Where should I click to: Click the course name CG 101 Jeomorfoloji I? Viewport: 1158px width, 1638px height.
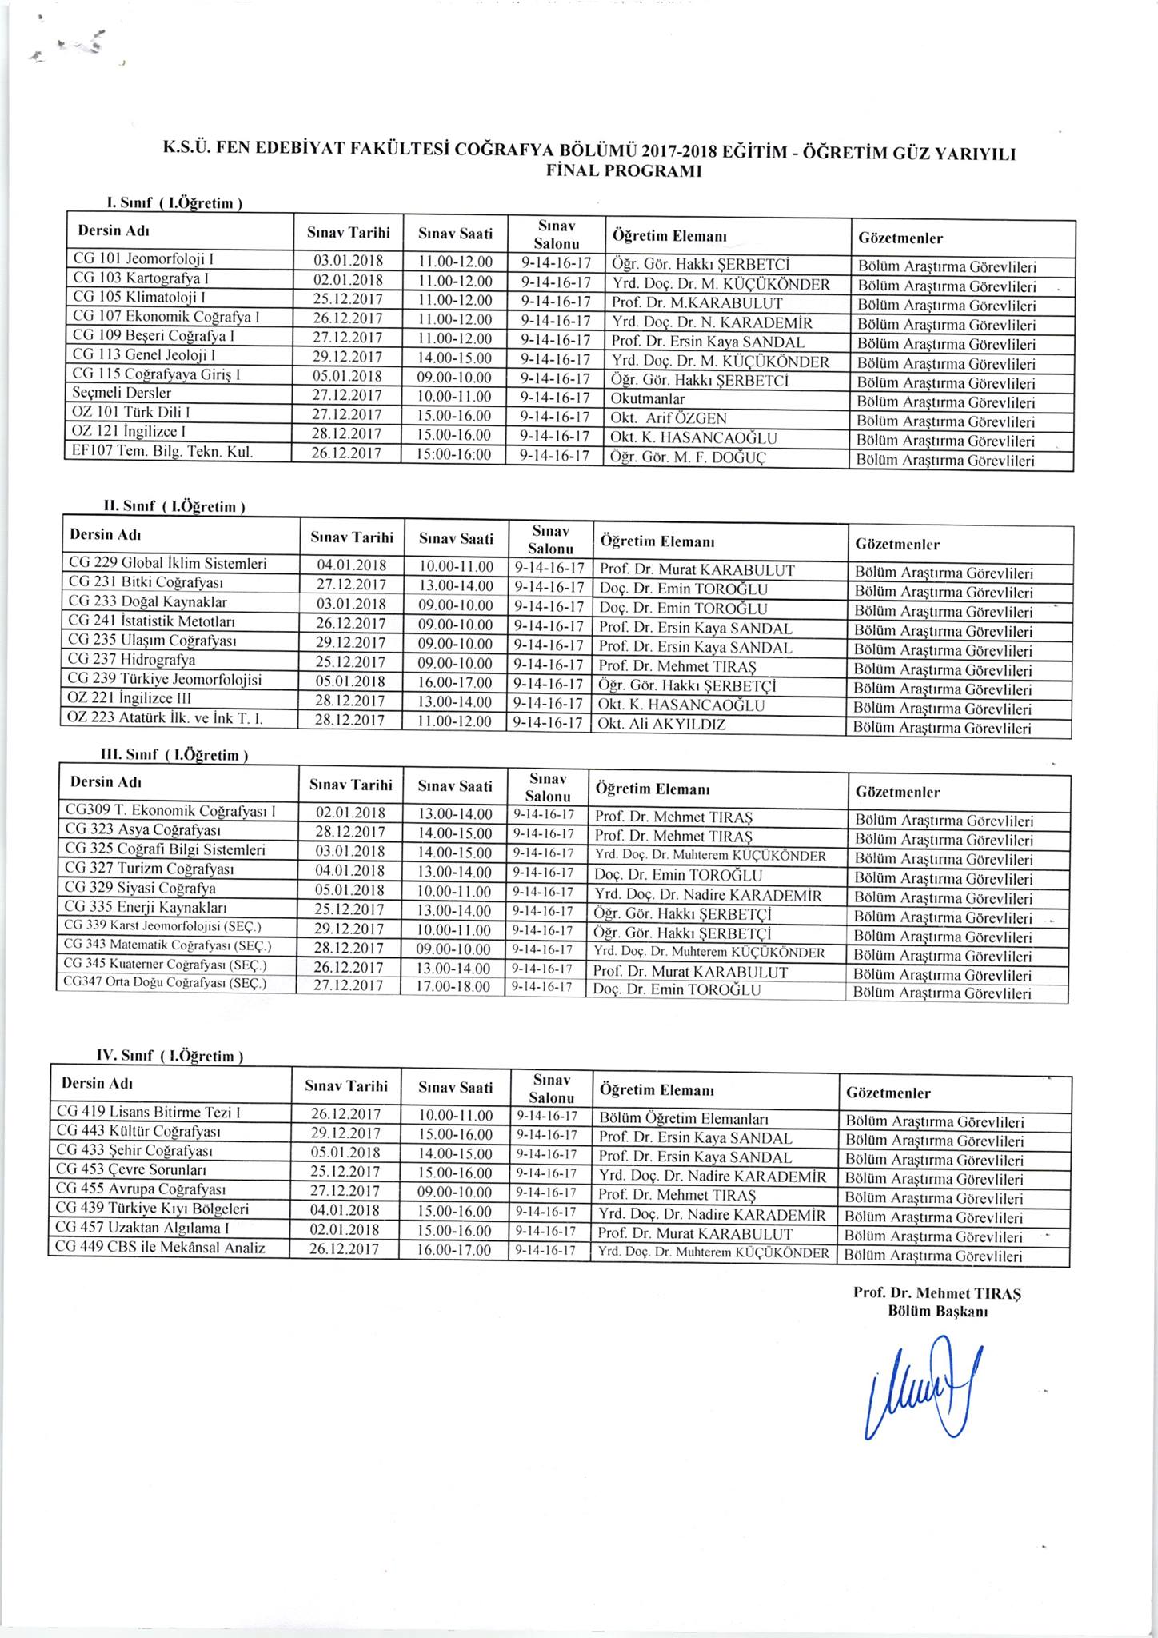(143, 260)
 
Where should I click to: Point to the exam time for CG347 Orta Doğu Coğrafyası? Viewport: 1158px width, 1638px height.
(453, 987)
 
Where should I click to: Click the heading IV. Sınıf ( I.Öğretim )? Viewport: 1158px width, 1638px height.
(169, 1057)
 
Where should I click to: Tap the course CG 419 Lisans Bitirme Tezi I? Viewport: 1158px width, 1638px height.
(149, 1113)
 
